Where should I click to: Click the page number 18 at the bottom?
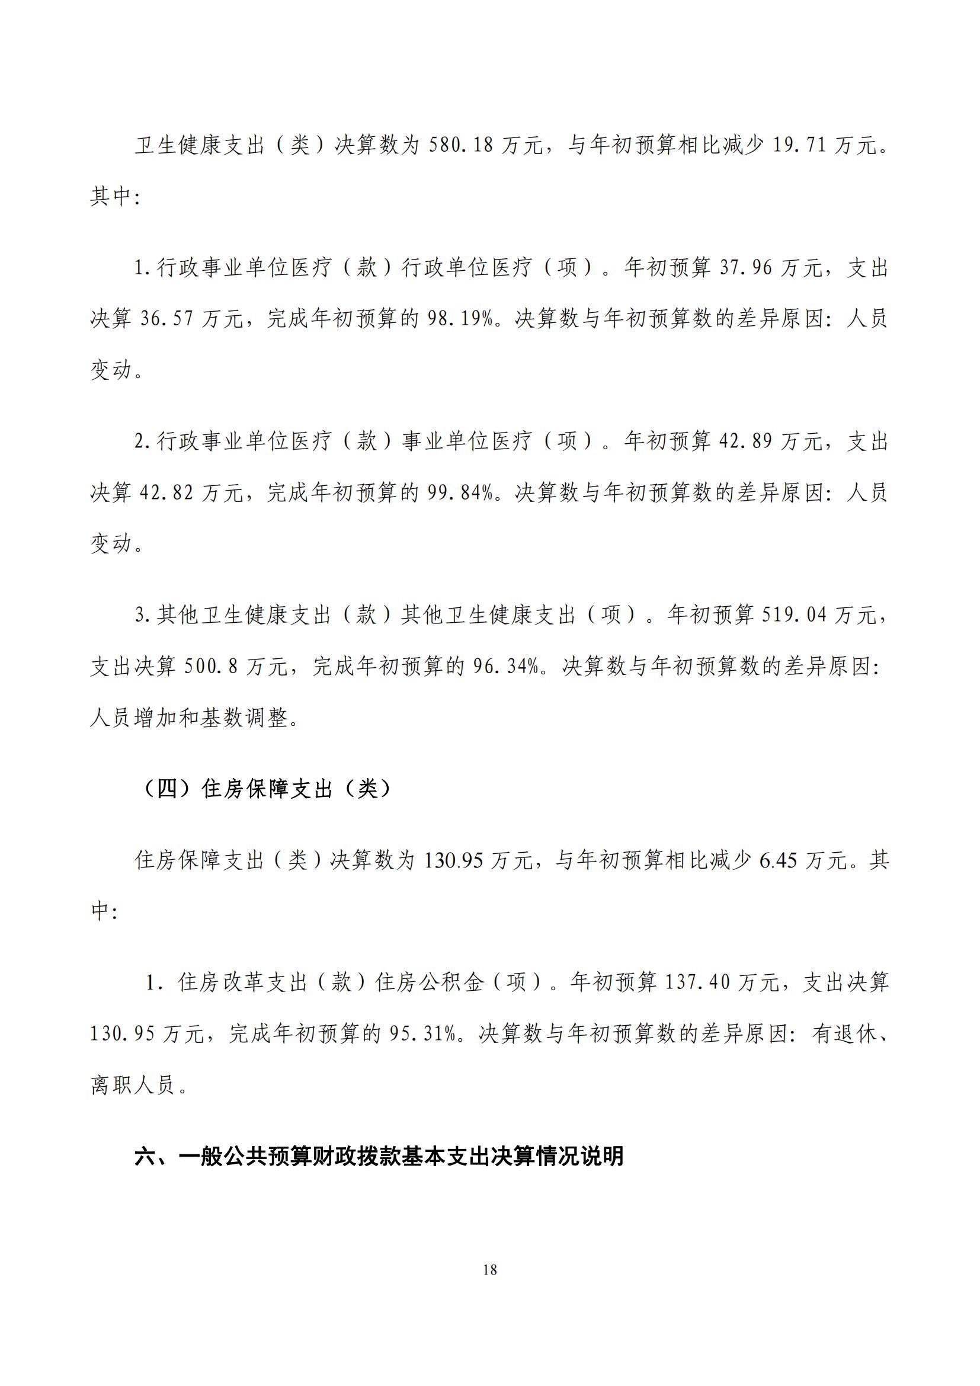(490, 1270)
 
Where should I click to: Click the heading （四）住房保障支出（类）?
(265, 789)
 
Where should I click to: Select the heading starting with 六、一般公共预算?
(379, 1157)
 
